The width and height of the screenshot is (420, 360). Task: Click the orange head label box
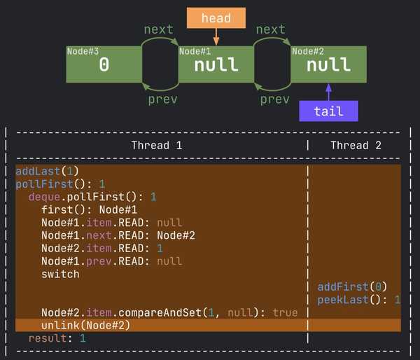tap(216, 18)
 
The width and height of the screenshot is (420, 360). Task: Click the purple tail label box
tap(328, 111)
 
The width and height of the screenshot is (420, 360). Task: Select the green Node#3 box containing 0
tap(104, 64)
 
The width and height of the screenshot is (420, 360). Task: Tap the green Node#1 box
tap(216, 64)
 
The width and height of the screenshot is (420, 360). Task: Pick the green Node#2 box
tap(328, 64)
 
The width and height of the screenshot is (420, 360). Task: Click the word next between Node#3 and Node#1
tap(159, 29)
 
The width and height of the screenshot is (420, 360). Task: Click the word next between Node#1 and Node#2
tap(271, 29)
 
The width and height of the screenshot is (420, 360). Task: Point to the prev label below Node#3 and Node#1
tap(162, 99)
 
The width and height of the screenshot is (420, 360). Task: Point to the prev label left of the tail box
tap(274, 99)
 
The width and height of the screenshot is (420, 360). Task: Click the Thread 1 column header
tap(157, 145)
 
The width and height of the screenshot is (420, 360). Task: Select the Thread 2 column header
tap(356, 145)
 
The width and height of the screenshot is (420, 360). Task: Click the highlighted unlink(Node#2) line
tap(85, 325)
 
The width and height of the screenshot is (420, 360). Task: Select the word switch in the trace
tap(60, 274)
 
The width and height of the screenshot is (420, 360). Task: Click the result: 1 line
tap(57, 338)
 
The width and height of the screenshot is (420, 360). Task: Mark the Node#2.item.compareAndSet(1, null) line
tap(169, 312)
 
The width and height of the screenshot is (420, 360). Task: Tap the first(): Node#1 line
tap(89, 209)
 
